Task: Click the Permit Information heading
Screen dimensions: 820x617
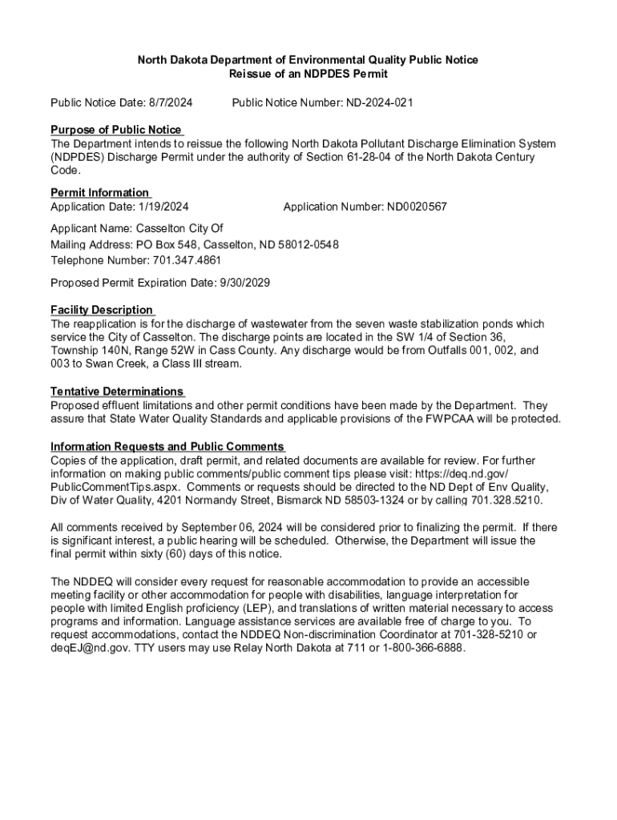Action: pyautogui.click(x=100, y=192)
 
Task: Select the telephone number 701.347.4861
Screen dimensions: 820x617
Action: pyautogui.click(x=180, y=260)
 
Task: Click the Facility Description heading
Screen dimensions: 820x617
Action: pyautogui.click(x=102, y=310)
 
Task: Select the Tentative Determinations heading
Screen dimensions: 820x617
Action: pyautogui.click(x=117, y=392)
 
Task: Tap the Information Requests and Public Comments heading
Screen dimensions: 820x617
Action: pyautogui.click(x=167, y=446)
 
